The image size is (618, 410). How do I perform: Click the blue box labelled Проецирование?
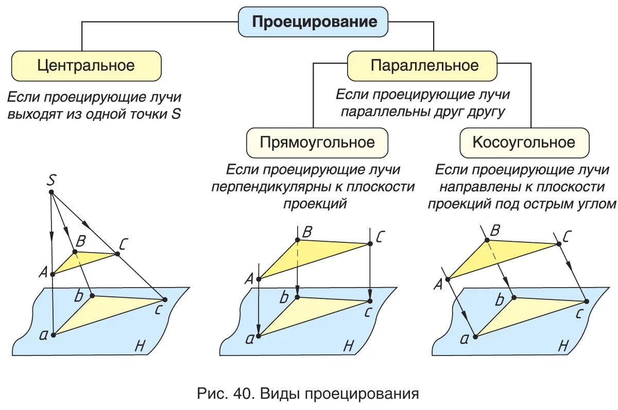click(314, 22)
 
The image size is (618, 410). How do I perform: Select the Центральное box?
click(86, 66)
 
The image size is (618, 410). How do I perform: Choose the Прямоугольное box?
click(317, 142)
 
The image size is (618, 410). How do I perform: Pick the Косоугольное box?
click(524, 142)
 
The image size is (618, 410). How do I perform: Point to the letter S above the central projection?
click(51, 180)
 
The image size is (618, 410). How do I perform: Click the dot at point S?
click(51, 192)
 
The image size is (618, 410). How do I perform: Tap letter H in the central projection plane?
click(140, 346)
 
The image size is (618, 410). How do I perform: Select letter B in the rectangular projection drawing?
click(307, 232)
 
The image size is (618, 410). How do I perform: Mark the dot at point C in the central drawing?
click(117, 254)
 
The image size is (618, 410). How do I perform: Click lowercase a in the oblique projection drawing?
click(464, 338)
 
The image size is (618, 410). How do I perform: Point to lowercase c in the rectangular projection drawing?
click(368, 312)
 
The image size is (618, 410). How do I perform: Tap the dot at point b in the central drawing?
click(92, 295)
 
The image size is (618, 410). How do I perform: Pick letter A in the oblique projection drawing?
click(438, 283)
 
